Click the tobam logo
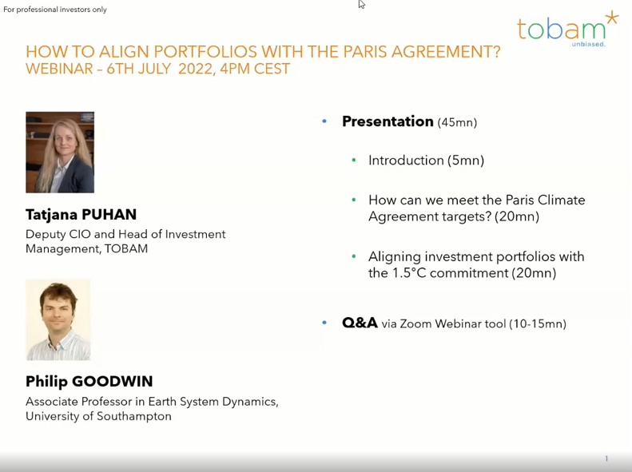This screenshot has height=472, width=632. click(x=567, y=29)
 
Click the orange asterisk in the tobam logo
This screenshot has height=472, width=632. click(x=612, y=18)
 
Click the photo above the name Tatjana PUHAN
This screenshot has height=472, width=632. click(x=60, y=153)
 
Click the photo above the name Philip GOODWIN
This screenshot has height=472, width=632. click(x=58, y=319)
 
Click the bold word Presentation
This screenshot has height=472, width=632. click(x=388, y=121)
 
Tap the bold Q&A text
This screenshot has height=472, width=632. click(x=360, y=323)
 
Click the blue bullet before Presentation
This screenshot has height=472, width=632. click(x=324, y=121)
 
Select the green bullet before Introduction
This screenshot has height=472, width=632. click(x=354, y=161)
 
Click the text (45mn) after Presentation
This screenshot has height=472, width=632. click(x=458, y=122)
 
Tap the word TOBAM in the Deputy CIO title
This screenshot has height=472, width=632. click(x=126, y=248)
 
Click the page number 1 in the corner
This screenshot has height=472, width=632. click(x=606, y=458)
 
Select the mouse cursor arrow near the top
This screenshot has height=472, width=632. click(x=361, y=5)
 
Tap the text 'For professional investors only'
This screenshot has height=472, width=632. click(x=55, y=10)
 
